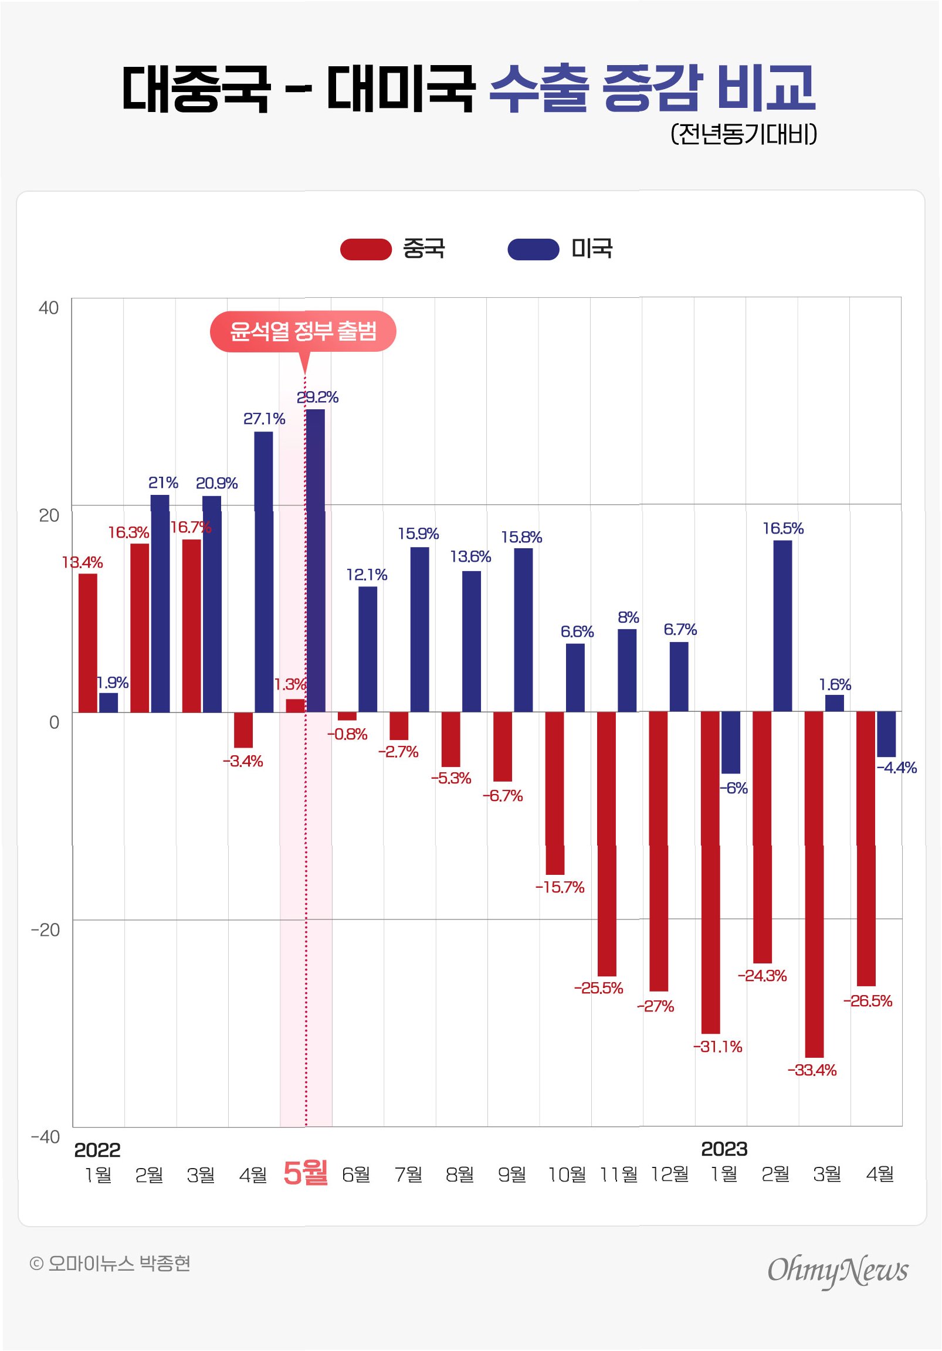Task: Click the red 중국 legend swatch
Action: coord(365,249)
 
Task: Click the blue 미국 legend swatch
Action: coord(533,249)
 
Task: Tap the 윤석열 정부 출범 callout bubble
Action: coord(303,331)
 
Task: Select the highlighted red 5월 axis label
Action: coord(305,1173)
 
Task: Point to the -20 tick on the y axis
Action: coord(45,930)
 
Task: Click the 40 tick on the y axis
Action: coord(48,308)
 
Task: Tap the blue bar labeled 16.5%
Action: coord(782,626)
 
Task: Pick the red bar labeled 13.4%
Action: coord(88,643)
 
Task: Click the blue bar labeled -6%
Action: coord(731,742)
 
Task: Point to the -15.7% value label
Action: coord(560,887)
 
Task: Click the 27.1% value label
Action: coord(264,419)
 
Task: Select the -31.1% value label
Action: coord(718,1047)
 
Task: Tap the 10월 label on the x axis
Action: coord(567,1175)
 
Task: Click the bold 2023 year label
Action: coord(724,1149)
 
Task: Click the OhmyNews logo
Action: coord(837,1271)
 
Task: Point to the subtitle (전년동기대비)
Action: coord(743,134)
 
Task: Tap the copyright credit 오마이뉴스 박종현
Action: coord(110,1263)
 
